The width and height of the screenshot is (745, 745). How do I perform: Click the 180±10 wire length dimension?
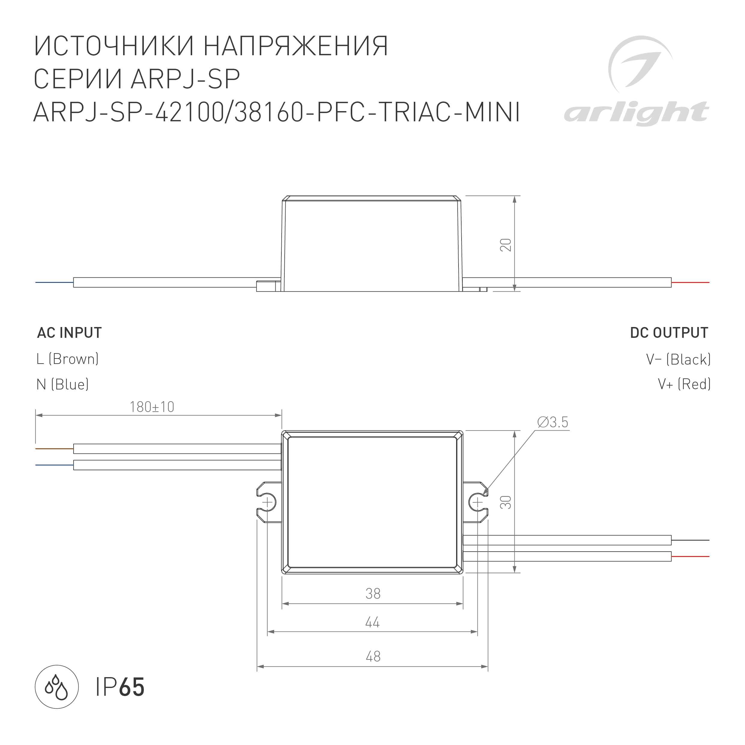(x=152, y=407)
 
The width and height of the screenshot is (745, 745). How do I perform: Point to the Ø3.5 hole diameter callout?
(x=553, y=422)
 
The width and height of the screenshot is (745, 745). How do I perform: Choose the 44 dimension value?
(x=372, y=623)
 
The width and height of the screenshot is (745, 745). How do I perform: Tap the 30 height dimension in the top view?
(x=506, y=502)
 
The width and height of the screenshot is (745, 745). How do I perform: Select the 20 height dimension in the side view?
(x=506, y=245)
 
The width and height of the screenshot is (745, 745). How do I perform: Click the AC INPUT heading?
(x=69, y=333)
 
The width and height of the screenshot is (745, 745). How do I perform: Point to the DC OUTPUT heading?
(x=669, y=333)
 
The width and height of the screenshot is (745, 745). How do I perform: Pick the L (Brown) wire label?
(x=68, y=359)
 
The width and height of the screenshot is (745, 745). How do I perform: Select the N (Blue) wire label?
(x=62, y=384)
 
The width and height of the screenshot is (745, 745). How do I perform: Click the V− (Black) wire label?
(x=678, y=359)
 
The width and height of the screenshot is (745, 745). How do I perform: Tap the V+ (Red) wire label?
(x=684, y=384)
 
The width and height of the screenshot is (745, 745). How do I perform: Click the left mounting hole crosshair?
(x=267, y=502)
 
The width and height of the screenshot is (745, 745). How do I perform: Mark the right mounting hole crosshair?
(x=477, y=502)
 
